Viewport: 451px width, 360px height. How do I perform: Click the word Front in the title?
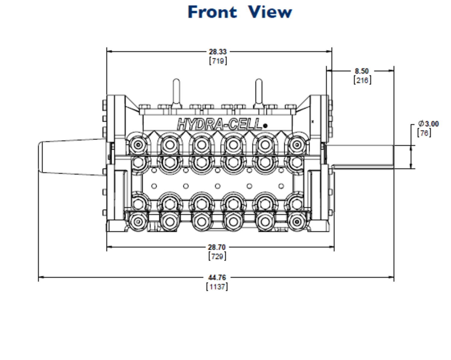212,12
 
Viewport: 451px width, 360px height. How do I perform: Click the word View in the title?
270,12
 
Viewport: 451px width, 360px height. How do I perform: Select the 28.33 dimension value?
217,52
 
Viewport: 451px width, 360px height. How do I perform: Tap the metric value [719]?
218,61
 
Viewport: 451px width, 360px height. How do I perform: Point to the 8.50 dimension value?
361,71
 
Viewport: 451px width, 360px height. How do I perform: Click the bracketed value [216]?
362,80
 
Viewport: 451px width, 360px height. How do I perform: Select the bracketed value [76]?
424,133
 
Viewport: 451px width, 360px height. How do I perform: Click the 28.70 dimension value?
216,247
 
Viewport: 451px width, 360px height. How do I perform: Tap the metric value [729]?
217,256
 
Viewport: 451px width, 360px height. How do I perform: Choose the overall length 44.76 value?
217,277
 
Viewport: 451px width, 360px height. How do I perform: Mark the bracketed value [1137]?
217,287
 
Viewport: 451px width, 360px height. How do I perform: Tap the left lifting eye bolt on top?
176,92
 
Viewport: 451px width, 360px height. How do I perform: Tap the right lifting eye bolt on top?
259,92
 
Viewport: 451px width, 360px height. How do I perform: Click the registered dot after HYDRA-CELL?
265,126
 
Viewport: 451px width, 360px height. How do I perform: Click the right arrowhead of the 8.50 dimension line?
391,71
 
